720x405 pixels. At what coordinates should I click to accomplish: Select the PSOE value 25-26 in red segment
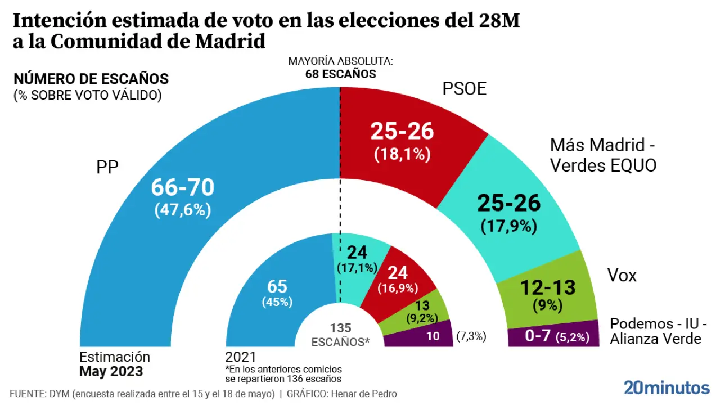(402, 131)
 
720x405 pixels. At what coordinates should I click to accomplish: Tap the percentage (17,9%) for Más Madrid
(509, 226)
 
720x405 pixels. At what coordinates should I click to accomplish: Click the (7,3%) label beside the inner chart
(471, 337)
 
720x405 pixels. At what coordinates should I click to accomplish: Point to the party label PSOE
(464, 89)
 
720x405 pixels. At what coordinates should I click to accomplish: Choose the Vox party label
(622, 276)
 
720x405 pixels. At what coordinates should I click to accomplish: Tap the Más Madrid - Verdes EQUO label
(603, 155)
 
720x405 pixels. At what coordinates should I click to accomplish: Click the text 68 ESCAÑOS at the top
(340, 74)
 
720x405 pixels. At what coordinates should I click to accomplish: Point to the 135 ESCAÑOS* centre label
(340, 334)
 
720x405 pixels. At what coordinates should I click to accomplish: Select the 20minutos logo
(667, 388)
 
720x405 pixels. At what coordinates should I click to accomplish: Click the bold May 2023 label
(111, 372)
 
